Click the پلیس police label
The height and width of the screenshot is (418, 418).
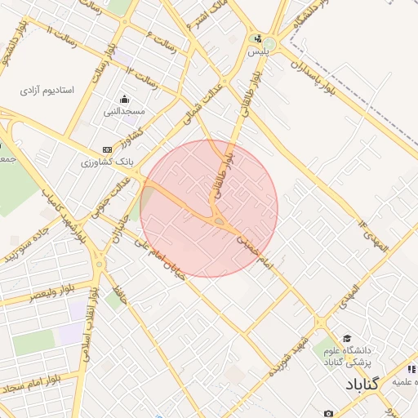[258, 51]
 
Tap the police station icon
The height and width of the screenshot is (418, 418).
[259, 38]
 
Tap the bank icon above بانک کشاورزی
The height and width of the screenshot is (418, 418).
[107, 149]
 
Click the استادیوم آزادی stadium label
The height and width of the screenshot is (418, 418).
[48, 89]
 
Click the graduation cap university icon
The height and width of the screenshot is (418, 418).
[347, 338]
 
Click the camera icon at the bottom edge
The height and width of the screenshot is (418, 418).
[328, 413]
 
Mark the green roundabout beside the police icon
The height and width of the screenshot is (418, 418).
[269, 42]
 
